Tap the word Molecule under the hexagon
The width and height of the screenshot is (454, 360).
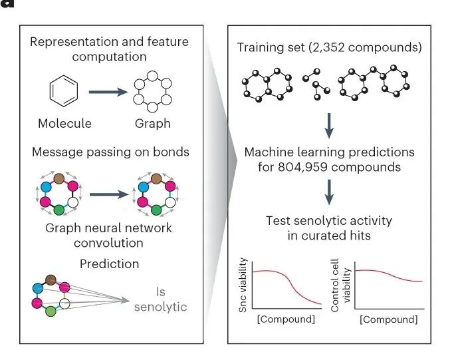pos(64,123)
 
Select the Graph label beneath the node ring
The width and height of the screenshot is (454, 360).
pos(152,123)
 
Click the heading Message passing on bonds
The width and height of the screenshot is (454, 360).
pos(110,152)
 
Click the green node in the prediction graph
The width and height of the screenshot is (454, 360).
pos(51,311)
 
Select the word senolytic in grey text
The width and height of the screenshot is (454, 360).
pos(160,307)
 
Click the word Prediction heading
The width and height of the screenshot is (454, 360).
pos(110,264)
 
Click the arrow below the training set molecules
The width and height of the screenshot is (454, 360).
pos(330,124)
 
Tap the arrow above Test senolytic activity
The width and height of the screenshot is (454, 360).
pos(330,196)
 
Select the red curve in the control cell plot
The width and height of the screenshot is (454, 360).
pos(389,275)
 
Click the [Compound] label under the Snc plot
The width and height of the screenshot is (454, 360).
pos(286,319)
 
